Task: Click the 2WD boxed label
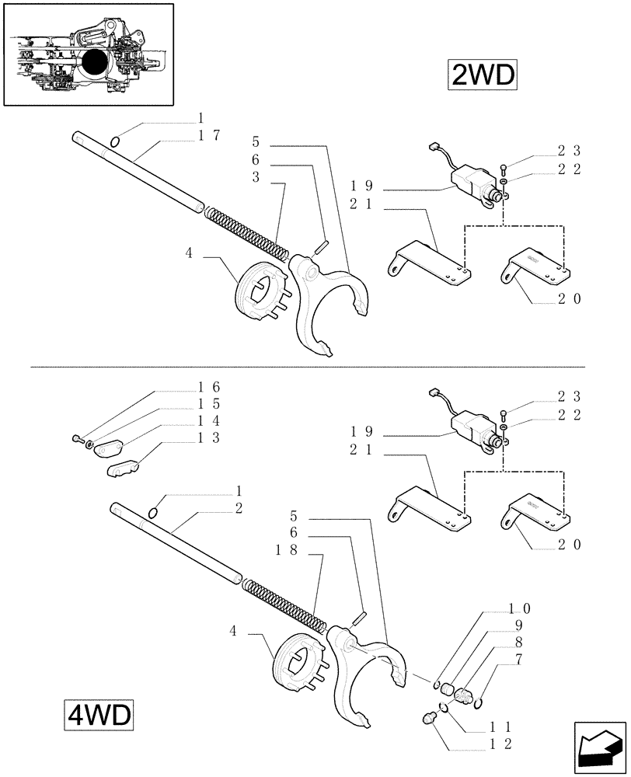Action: pos(481,75)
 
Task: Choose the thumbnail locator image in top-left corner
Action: pos(88,54)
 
